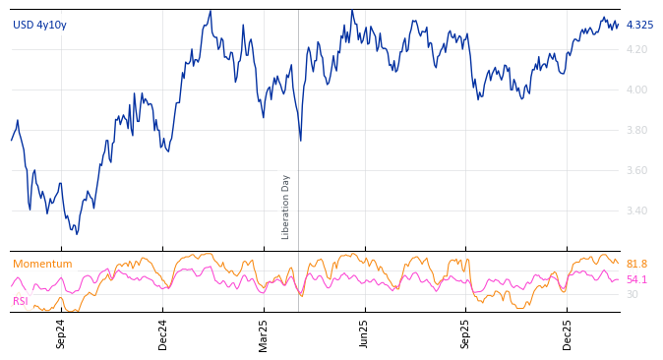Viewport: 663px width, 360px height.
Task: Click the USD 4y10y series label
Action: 39,25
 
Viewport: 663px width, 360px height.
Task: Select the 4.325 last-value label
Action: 639,25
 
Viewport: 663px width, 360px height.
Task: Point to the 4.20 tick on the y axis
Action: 636,49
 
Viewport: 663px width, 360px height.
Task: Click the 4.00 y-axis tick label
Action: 636,90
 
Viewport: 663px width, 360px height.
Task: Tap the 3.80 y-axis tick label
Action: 636,130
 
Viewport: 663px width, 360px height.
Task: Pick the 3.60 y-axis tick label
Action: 636,170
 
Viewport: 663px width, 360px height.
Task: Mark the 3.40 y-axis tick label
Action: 636,210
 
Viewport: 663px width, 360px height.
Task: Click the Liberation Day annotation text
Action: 286,207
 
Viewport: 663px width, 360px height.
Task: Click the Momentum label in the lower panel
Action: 42,264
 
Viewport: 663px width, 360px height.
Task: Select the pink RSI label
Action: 21,301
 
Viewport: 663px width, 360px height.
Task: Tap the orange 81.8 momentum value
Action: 636,264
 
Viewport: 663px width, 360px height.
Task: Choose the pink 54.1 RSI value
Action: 636,279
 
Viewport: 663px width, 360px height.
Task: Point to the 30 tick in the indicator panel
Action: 632,294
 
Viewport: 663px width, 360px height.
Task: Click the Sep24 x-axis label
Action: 61,333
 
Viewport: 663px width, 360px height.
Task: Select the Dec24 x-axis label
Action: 163,333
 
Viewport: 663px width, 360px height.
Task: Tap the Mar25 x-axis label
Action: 263,333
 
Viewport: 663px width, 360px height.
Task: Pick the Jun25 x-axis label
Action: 364,333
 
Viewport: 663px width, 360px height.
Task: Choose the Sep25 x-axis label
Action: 465,333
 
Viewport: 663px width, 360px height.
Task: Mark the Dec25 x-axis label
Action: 567,333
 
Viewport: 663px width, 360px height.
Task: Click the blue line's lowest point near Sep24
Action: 77,233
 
